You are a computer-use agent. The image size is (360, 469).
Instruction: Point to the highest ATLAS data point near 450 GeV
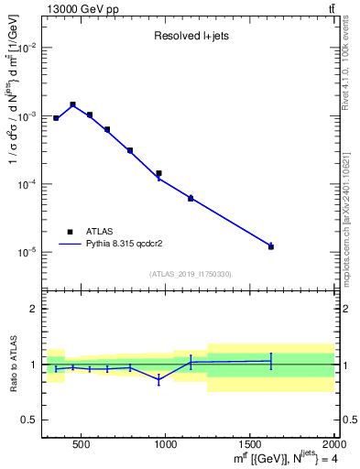pyautogui.click(x=72, y=104)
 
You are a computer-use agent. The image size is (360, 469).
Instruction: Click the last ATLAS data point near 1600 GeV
pyautogui.click(x=271, y=246)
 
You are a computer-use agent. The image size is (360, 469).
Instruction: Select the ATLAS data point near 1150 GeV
pyautogui.click(x=191, y=198)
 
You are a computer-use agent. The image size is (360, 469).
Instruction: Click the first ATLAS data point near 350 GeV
pyautogui.click(x=56, y=118)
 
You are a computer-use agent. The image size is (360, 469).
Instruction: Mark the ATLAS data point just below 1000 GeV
pyautogui.click(x=158, y=173)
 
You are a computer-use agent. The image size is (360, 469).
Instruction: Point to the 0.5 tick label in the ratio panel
pyautogui.click(x=29, y=420)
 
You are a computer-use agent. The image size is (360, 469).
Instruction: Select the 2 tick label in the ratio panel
pyautogui.click(x=33, y=309)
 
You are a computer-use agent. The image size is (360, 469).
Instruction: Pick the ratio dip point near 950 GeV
pyautogui.click(x=158, y=378)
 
